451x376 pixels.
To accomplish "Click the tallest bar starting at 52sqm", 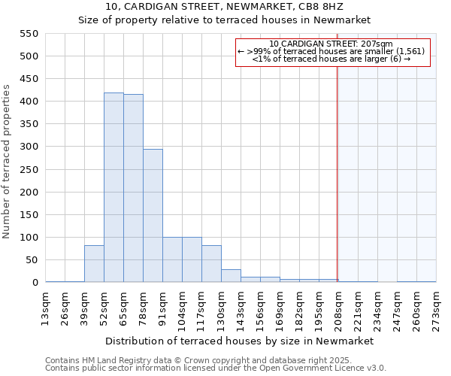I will (114, 187).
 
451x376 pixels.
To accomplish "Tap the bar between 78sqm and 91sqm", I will (153, 216).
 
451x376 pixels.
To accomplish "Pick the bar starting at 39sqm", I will (94, 263).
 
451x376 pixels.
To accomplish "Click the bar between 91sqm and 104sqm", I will (172, 259).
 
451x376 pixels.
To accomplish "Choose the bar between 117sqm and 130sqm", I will (211, 263).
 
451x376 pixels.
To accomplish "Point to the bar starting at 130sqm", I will (231, 275).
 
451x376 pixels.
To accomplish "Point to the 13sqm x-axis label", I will (47, 306).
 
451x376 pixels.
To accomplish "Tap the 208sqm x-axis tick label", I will (338, 308).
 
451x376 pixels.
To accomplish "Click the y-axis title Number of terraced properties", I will (8, 162).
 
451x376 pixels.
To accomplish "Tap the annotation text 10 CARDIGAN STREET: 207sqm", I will (331, 44).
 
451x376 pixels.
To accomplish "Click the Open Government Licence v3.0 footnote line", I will (216, 368).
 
